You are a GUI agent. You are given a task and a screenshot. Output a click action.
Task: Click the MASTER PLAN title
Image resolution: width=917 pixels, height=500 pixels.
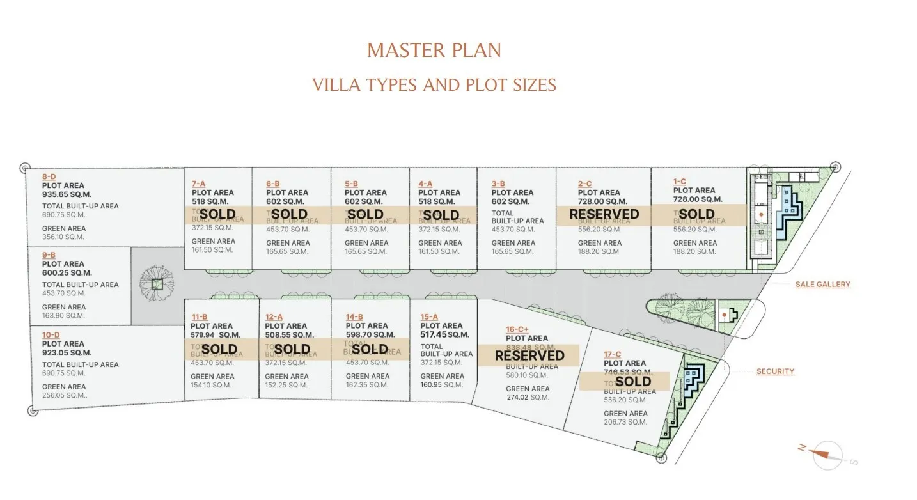click(x=434, y=51)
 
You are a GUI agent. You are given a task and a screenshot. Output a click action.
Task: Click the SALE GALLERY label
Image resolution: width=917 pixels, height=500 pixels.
click(x=822, y=285)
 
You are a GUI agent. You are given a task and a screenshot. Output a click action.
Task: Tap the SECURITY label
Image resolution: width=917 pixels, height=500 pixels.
click(x=775, y=371)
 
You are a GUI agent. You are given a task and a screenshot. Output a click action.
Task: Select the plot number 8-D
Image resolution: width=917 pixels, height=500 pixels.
click(x=49, y=176)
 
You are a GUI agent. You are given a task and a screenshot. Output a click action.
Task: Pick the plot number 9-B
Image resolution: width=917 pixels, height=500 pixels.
click(x=49, y=254)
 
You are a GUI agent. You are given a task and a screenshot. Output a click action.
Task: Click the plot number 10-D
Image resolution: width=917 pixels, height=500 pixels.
click(x=51, y=334)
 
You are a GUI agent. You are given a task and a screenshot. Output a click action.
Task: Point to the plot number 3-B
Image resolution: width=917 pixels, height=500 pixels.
click(x=499, y=184)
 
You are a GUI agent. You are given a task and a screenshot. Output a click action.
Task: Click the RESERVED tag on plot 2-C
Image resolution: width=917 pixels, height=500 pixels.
click(x=604, y=214)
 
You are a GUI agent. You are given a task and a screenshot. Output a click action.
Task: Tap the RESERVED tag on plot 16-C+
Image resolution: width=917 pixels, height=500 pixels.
click(x=529, y=355)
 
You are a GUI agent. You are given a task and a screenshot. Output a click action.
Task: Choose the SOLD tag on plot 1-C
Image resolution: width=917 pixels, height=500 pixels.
click(x=696, y=214)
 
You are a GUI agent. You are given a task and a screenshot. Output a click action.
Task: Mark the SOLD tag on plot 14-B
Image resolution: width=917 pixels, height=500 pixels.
click(x=370, y=349)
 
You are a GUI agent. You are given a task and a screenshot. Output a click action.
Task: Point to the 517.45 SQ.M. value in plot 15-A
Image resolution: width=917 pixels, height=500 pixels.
click(x=444, y=334)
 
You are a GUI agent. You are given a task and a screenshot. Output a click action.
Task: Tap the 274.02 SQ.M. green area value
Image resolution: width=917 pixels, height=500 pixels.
click(x=528, y=397)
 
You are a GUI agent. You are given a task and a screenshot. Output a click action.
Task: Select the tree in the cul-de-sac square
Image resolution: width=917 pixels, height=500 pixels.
click(x=157, y=282)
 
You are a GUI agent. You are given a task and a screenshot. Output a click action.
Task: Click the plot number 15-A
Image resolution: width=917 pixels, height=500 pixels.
click(x=429, y=316)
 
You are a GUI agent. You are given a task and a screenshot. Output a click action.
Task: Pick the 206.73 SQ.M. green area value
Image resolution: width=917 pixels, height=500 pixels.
click(x=625, y=422)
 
